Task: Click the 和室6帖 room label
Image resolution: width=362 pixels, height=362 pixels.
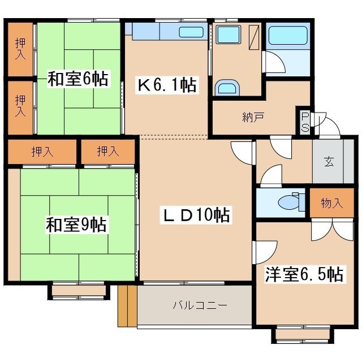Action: tap(78, 79)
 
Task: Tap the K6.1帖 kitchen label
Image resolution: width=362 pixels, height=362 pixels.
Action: tap(167, 85)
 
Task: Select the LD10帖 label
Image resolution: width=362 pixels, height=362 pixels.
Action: tap(196, 215)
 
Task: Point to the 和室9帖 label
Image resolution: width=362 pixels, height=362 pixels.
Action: tap(76, 225)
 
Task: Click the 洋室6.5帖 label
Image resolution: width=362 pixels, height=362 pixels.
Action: tap(304, 274)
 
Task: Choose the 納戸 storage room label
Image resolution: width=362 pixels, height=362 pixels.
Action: tap(253, 117)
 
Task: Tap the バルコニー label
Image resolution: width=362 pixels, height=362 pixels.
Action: tap(200, 305)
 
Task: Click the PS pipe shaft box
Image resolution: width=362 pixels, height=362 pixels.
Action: tap(305, 122)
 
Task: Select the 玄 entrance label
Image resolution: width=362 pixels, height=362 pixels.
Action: tap(329, 162)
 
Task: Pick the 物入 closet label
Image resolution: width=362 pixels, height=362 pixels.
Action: tap(332, 203)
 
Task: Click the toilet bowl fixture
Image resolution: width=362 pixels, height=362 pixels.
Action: tap(291, 202)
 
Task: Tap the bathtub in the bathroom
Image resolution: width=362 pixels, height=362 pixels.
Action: tap(288, 35)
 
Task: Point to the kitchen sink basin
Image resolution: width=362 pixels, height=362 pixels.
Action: tap(191, 32)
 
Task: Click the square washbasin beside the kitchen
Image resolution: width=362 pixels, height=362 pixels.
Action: tap(228, 35)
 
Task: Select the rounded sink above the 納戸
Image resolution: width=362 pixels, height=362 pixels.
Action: tap(227, 88)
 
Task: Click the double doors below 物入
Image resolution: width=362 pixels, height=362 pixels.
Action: tap(332, 230)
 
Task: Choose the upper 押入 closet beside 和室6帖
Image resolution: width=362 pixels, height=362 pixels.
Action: tap(20, 49)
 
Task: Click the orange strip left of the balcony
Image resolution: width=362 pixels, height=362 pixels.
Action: tap(127, 306)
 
